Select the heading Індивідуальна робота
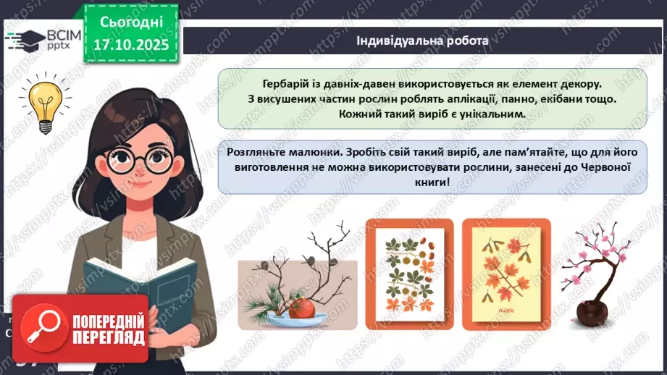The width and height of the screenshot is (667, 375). (422, 41)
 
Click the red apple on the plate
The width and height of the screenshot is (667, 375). (300, 310)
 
